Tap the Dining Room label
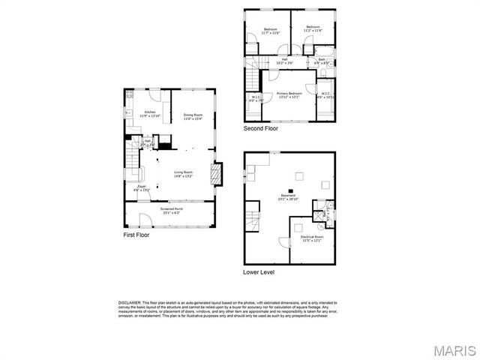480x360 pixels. tap(193, 116)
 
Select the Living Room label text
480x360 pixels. tap(184, 174)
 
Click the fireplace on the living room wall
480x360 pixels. tap(217, 175)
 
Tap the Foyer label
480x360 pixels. tap(142, 188)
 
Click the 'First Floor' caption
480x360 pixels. tap(136, 235)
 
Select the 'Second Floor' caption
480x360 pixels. tap(260, 128)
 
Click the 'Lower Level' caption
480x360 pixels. tap(259, 271)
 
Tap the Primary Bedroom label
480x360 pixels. tap(289, 94)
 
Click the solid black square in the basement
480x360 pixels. tap(286, 190)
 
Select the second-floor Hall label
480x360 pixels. tap(285, 62)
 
